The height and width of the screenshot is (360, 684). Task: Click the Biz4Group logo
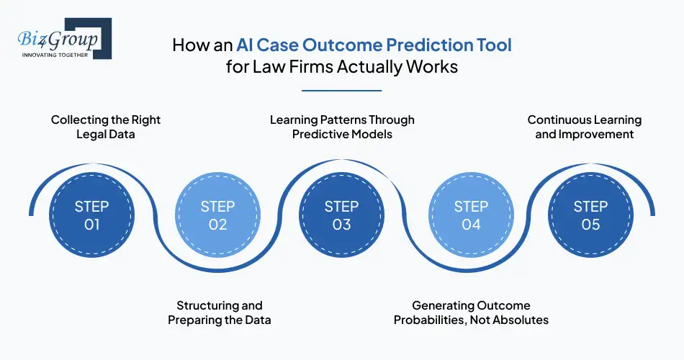pos(65,39)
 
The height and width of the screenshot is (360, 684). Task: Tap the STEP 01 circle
pos(91,215)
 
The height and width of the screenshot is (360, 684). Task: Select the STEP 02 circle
pos(217,215)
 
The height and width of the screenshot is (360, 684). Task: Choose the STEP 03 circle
pos(341,215)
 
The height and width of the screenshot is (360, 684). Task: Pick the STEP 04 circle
pos(471,215)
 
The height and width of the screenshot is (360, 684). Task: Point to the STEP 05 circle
pos(590,215)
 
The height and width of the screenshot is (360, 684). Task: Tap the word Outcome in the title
pos(343,45)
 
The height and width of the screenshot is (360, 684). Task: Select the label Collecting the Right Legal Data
pos(106,127)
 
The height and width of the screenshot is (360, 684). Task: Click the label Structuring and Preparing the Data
pos(220,313)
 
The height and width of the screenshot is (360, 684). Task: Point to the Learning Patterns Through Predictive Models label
pos(342,127)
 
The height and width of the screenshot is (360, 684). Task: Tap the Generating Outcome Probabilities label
pos(471,313)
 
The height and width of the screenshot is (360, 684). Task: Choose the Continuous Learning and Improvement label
pos(585,127)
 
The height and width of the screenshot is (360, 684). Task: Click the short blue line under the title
pos(341,91)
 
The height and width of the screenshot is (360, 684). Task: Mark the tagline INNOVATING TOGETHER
pos(55,55)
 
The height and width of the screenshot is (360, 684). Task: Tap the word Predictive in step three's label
pos(314,134)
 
